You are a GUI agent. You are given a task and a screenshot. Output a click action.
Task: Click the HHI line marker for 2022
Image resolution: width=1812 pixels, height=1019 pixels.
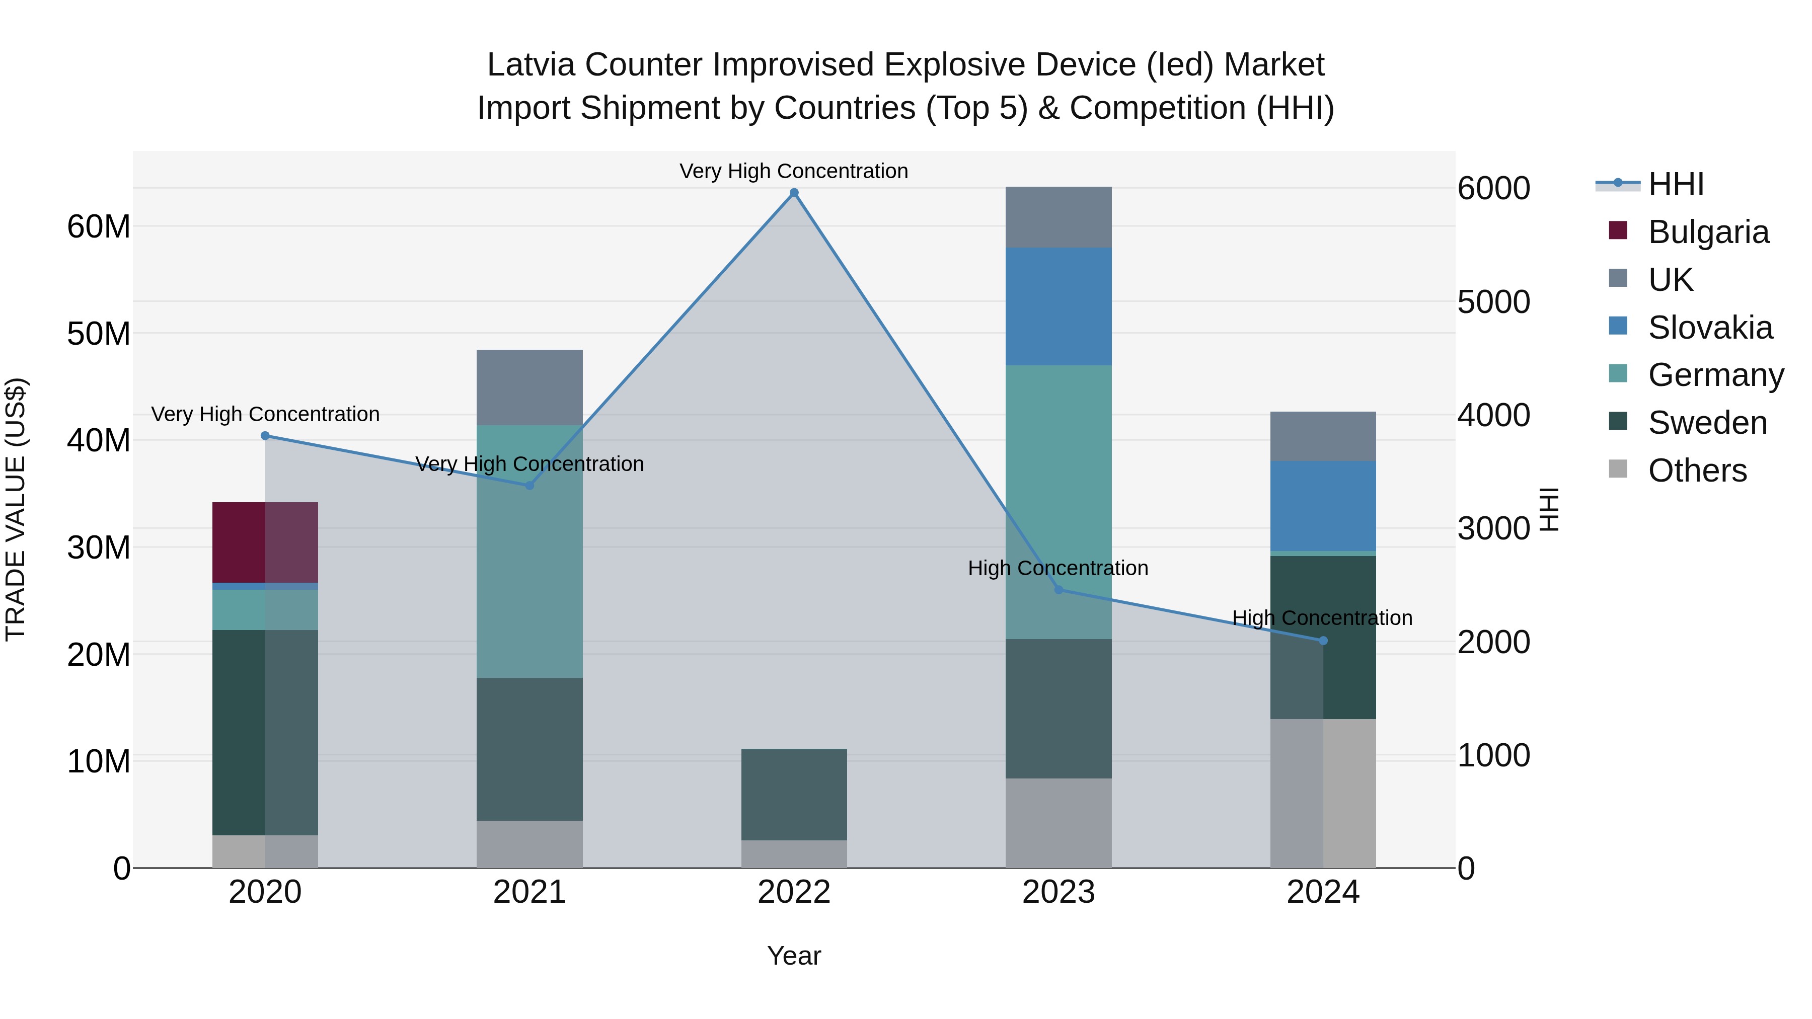[x=794, y=193]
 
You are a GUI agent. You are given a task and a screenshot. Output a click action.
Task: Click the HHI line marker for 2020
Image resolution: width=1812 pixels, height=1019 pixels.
[x=265, y=436]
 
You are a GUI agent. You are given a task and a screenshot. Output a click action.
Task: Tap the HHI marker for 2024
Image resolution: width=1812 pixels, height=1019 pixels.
[x=1323, y=641]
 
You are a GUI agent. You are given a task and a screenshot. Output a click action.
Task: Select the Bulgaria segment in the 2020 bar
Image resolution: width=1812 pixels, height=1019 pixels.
[x=265, y=542]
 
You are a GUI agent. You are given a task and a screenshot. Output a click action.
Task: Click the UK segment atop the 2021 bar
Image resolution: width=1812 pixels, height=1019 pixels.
[x=530, y=387]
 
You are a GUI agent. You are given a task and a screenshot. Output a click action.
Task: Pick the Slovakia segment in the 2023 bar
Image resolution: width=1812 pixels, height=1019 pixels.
[x=1059, y=306]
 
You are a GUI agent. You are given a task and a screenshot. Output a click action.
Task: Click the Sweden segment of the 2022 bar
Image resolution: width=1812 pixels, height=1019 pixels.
[x=794, y=794]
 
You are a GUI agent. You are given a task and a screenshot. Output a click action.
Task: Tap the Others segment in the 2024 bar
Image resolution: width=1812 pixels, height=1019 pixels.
[x=1323, y=793]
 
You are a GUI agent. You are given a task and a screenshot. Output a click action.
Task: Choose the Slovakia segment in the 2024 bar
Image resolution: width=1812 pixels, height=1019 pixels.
[x=1323, y=506]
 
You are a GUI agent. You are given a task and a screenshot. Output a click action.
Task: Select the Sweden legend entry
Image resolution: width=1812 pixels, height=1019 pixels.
[x=1707, y=423]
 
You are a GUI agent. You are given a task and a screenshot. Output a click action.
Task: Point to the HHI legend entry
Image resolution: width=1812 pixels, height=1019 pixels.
[x=1676, y=184]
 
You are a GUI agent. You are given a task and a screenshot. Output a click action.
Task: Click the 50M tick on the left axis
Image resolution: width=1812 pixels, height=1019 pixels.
[x=99, y=333]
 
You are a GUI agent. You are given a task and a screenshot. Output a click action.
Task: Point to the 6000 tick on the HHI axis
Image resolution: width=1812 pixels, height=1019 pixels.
[x=1493, y=189]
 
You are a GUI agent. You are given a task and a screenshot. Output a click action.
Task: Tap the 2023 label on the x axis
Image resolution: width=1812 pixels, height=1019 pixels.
[x=1059, y=892]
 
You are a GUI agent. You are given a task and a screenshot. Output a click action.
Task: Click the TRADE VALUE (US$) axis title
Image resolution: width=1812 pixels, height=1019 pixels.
[x=16, y=509]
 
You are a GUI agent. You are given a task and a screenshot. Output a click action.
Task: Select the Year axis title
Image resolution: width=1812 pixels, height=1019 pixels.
[x=794, y=956]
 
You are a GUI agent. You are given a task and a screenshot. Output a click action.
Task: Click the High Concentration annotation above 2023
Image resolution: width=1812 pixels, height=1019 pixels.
[x=1058, y=568]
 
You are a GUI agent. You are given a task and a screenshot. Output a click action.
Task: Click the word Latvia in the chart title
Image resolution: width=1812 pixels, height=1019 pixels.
[x=531, y=65]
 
